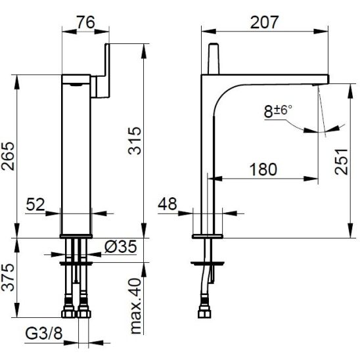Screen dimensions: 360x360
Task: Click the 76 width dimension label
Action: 85,22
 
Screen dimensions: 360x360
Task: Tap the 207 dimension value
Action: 264,22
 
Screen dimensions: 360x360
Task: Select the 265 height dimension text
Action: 9,156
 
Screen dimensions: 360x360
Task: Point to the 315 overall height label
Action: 135,141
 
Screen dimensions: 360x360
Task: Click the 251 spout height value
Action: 342,162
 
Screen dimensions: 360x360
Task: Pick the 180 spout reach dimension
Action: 263,169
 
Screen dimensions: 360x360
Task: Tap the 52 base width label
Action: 35,204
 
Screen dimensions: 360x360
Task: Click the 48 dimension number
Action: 168,204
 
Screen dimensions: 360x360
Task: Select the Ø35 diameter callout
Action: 120,246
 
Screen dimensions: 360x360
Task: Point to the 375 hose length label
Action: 9,277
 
